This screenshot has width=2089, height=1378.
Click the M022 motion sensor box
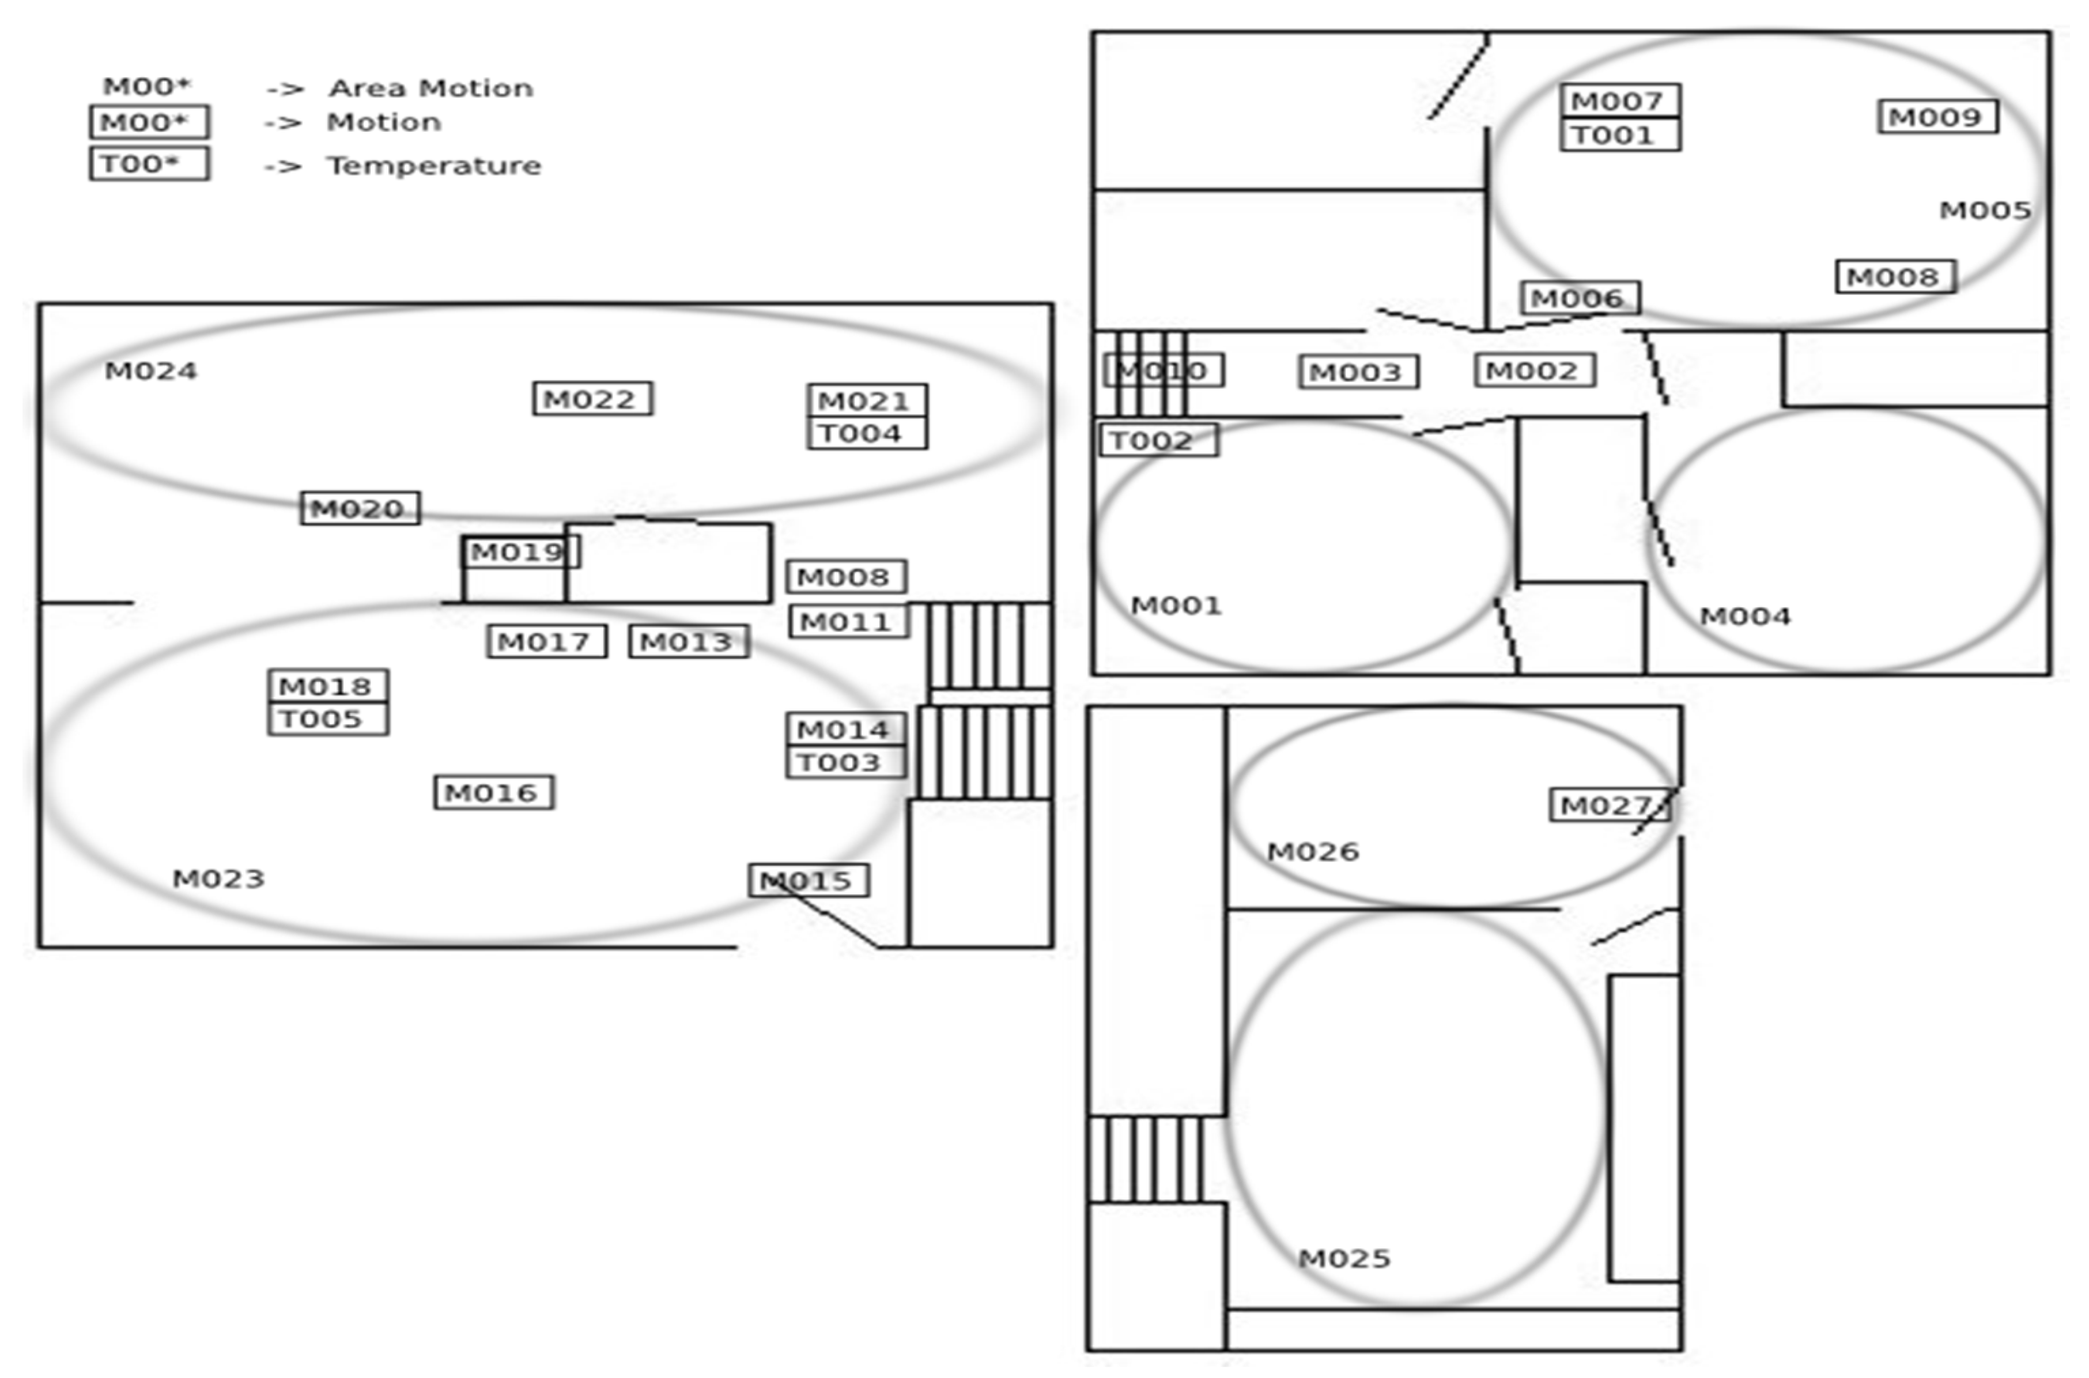(x=592, y=399)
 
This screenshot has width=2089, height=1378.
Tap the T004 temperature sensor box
(x=866, y=433)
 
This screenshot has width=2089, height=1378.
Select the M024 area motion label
(x=151, y=371)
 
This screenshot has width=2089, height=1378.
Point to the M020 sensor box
(x=360, y=508)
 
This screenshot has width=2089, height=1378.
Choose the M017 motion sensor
(x=547, y=642)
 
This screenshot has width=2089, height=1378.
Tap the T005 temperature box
(x=328, y=719)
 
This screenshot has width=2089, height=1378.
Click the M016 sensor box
(x=494, y=793)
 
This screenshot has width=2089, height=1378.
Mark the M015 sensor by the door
(x=809, y=880)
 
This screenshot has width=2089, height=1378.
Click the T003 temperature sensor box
(x=845, y=762)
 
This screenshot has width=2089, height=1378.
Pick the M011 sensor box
(x=848, y=622)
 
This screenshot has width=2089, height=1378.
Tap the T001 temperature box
(x=1620, y=135)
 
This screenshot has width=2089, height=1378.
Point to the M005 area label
(x=1985, y=210)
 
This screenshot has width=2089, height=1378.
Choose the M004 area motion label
(x=1744, y=616)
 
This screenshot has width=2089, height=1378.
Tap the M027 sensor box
(x=1608, y=805)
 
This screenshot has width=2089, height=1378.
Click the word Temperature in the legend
(x=434, y=165)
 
